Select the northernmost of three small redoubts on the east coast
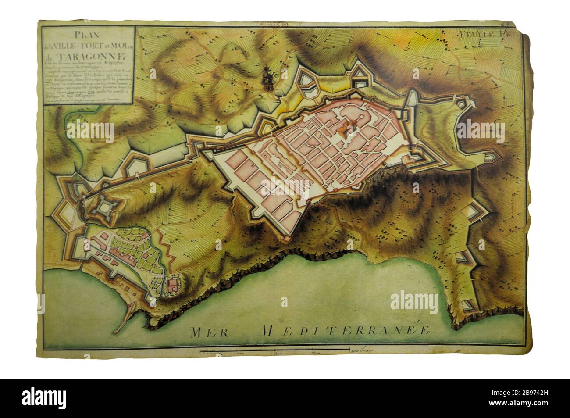point(475,213)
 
